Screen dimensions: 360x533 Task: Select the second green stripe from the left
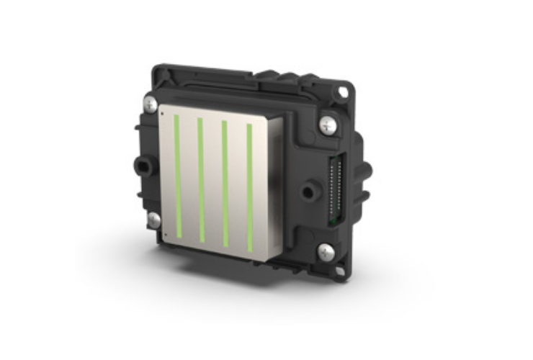click(x=201, y=180)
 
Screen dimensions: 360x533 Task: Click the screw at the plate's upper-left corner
click(x=148, y=104)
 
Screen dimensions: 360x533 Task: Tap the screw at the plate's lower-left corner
click(x=153, y=220)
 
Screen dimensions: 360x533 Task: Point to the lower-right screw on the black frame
click(x=326, y=252)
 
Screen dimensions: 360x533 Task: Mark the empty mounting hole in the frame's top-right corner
click(x=343, y=92)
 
